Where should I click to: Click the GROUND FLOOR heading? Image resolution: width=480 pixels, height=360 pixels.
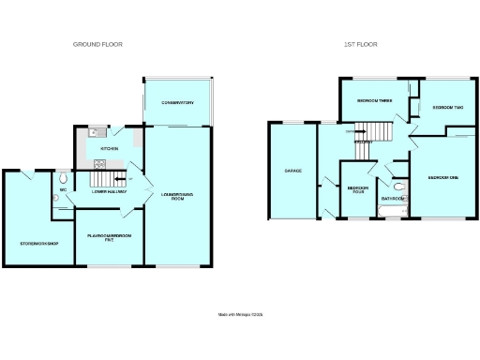coord(98,44)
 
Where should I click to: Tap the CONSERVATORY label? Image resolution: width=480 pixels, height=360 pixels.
coord(176,102)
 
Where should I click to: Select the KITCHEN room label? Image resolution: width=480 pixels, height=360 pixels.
coord(108,148)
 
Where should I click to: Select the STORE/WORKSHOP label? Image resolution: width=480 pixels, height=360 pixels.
coord(39,244)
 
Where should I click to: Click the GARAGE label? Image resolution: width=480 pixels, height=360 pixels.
coord(292,171)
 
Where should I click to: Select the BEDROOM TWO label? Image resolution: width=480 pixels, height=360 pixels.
coord(444,108)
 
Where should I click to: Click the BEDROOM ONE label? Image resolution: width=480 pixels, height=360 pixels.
coord(442,177)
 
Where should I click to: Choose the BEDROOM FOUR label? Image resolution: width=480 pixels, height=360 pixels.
coord(357,189)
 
